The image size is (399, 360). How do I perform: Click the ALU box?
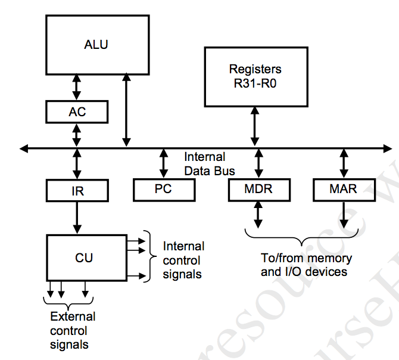(x=97, y=45)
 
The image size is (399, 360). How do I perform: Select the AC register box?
(x=77, y=111)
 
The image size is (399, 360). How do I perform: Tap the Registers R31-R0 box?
(x=255, y=76)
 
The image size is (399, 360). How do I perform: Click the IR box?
(x=77, y=190)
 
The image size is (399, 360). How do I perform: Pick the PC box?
(x=164, y=190)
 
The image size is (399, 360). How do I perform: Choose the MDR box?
(x=258, y=190)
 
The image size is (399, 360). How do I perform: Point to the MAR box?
(x=344, y=190)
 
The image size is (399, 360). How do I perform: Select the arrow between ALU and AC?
(x=77, y=87)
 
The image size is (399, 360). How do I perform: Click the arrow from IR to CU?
(x=77, y=217)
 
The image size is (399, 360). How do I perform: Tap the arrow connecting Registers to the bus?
(x=255, y=126)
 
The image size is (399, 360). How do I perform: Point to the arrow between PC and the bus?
(x=164, y=163)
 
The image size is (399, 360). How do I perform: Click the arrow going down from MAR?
(x=344, y=215)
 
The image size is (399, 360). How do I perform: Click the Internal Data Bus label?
(x=206, y=164)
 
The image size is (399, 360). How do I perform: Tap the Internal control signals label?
(x=183, y=260)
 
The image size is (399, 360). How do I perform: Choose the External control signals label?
(x=73, y=331)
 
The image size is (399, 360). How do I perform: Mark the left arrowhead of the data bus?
(x=23, y=147)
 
